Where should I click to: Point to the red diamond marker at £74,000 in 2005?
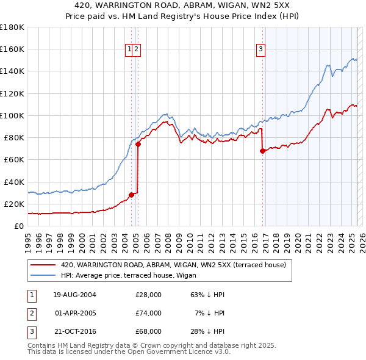[x=138, y=145]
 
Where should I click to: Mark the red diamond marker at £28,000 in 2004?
[x=131, y=195]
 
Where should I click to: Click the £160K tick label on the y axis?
[x=12, y=49]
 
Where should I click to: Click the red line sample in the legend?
[x=43, y=265]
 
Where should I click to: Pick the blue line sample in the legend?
[x=43, y=276]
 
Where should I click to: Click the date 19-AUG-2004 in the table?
[x=74, y=295]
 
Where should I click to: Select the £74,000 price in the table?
[x=148, y=313]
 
